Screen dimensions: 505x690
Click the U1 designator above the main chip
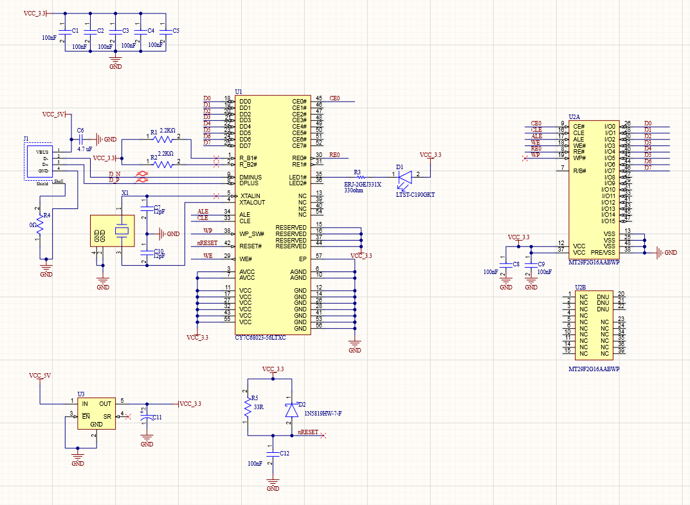pyautogui.click(x=239, y=92)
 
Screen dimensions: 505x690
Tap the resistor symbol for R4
pyautogui.click(x=39, y=225)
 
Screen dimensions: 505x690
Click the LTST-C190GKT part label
pyautogui.click(x=415, y=194)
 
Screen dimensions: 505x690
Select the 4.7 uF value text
pyautogui.click(x=84, y=149)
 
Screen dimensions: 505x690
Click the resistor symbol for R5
pyautogui.click(x=246, y=407)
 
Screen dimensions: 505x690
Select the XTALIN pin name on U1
pyautogui.click(x=250, y=196)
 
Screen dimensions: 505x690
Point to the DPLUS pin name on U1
pyautogui.click(x=250, y=183)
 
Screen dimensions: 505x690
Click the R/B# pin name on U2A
pyautogui.click(x=579, y=170)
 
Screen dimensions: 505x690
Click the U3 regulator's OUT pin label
pyautogui.click(x=105, y=404)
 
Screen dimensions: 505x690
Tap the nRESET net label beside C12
pyautogui.click(x=307, y=433)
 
